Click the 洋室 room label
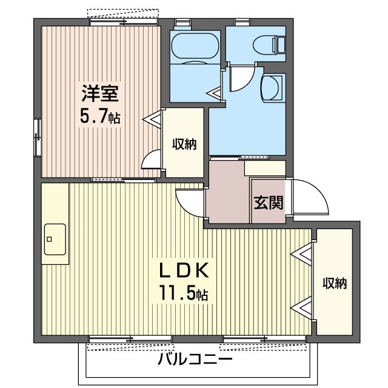(100, 95)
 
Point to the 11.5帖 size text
(184, 294)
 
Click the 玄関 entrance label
(268, 202)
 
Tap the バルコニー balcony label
(195, 360)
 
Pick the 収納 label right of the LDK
(334, 283)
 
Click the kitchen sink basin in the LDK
(55, 238)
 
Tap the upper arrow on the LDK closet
(303, 253)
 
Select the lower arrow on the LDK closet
(303, 309)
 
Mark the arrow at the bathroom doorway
(215, 93)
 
